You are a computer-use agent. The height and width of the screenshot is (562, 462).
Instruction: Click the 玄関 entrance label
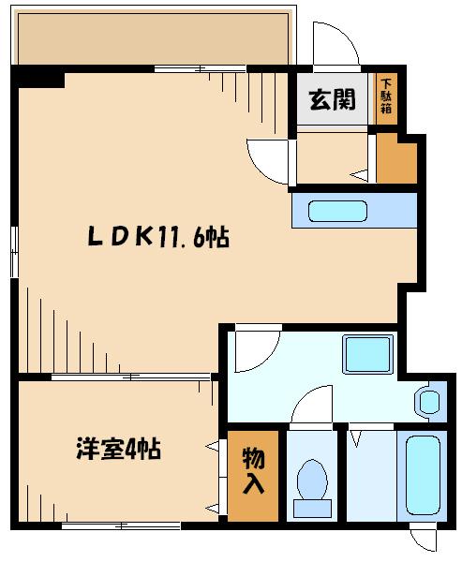click(333, 99)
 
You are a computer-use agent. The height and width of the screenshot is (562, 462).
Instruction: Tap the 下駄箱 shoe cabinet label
click(386, 96)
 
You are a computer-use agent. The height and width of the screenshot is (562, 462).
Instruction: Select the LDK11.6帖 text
click(158, 237)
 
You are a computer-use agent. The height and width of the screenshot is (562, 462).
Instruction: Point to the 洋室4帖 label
click(118, 449)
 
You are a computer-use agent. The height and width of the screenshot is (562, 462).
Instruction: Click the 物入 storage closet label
click(253, 470)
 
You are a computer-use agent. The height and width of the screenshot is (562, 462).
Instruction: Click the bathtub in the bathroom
click(423, 475)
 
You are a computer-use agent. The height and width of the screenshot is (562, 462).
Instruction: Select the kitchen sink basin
click(337, 211)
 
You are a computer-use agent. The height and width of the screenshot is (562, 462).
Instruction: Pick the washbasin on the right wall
click(428, 403)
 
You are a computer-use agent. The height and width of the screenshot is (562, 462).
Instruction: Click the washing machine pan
click(367, 354)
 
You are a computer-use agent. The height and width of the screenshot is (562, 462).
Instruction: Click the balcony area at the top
click(153, 38)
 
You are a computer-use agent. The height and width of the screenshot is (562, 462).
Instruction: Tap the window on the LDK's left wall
click(14, 252)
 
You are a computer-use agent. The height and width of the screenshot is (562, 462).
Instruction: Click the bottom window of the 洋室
click(121, 526)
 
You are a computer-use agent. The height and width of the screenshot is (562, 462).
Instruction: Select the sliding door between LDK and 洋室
click(130, 377)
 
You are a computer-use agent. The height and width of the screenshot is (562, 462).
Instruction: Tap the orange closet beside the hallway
click(396, 159)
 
